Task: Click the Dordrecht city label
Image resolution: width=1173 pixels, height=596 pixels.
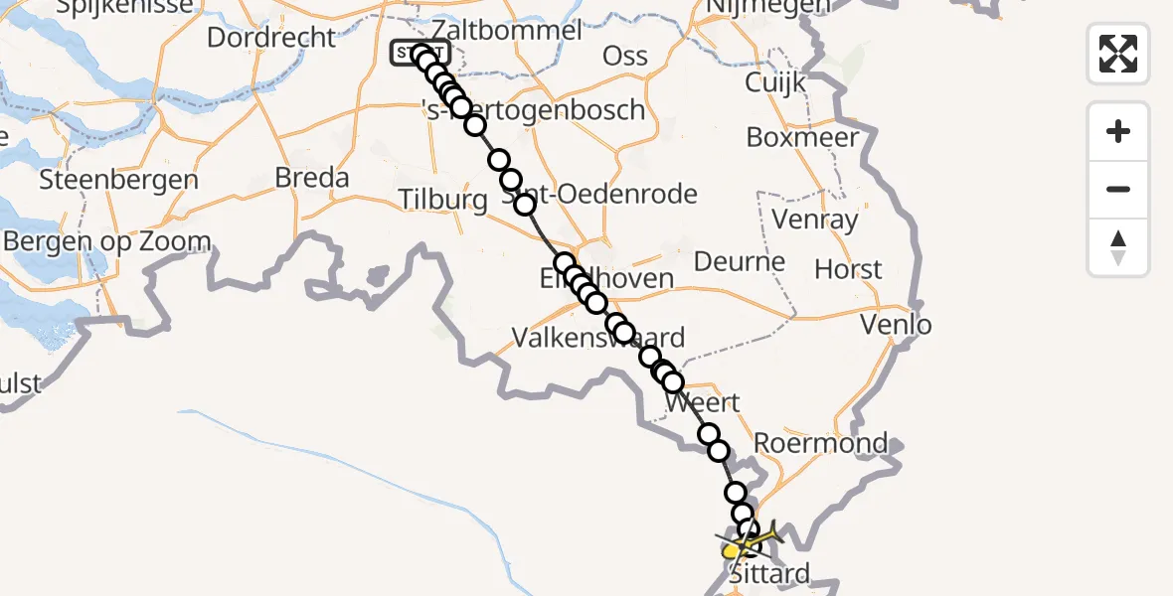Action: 271,38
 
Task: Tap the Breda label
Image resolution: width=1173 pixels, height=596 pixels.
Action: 313,179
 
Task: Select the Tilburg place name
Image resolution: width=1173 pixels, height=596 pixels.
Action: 442,200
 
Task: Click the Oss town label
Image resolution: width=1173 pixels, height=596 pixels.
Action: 625,57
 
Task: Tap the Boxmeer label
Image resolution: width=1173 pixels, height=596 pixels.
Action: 802,137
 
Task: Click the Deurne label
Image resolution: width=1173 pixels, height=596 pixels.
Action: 739,262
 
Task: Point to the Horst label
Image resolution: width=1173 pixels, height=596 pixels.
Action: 848,269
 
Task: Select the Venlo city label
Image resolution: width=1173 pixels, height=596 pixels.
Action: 896,325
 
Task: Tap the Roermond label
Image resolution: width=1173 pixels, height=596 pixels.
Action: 821,443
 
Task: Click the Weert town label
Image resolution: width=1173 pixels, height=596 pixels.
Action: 702,403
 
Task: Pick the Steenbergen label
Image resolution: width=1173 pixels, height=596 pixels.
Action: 118,181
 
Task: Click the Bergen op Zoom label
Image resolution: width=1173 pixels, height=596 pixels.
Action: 106,241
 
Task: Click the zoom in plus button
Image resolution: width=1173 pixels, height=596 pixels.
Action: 1118,131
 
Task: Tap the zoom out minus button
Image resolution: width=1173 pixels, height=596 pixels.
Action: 1118,189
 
